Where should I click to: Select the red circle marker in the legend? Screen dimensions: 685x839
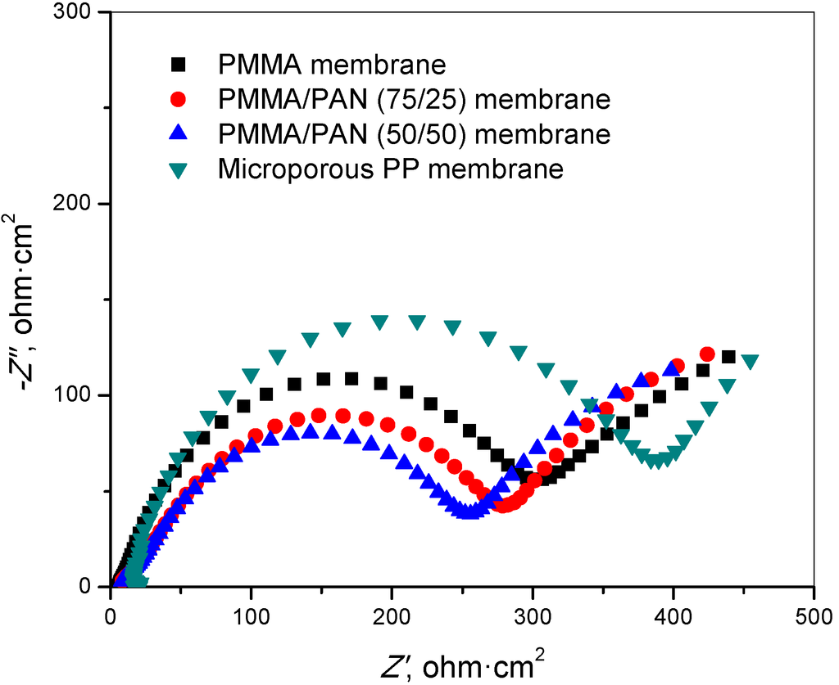pos(178,99)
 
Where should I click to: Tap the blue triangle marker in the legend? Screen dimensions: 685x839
pos(178,133)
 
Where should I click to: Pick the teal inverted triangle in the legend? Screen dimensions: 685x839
pos(178,170)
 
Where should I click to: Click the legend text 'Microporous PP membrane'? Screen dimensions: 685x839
pos(391,169)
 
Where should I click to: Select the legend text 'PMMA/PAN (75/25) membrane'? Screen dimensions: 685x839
pos(414,99)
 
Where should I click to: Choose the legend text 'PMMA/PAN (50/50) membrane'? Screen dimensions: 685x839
pos(414,134)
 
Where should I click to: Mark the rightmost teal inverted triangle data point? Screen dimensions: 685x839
pos(749,362)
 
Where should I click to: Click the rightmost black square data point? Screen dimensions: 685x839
pos(728,357)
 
